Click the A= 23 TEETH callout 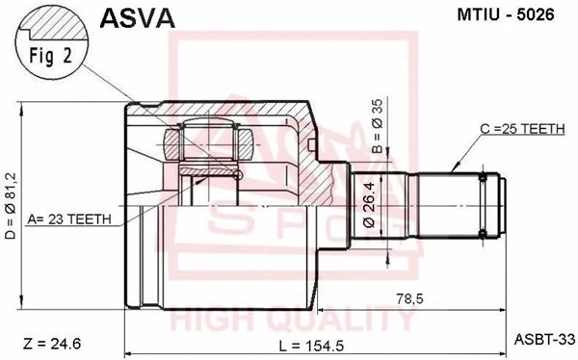click(71, 219)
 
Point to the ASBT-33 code click(545, 338)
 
